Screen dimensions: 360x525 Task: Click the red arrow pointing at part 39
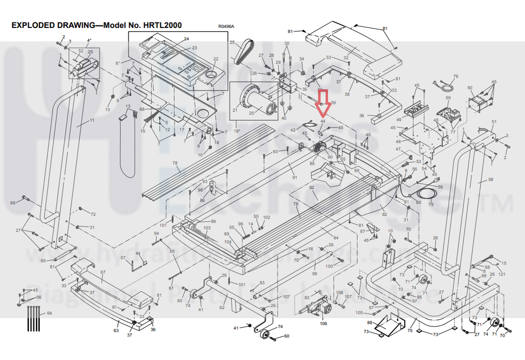(x=322, y=99)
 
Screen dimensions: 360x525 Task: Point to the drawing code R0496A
(x=226, y=27)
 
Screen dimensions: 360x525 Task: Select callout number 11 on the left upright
(x=92, y=121)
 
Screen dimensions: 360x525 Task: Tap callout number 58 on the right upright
(x=491, y=180)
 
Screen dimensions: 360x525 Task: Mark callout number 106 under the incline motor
(x=323, y=324)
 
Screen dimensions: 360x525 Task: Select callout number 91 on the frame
(x=294, y=177)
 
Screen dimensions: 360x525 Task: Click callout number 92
(x=311, y=187)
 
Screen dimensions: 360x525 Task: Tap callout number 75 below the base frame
(x=410, y=330)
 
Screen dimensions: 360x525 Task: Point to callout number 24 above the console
(x=187, y=38)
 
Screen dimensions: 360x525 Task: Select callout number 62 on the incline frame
(x=223, y=308)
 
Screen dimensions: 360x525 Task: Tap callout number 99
(x=314, y=274)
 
